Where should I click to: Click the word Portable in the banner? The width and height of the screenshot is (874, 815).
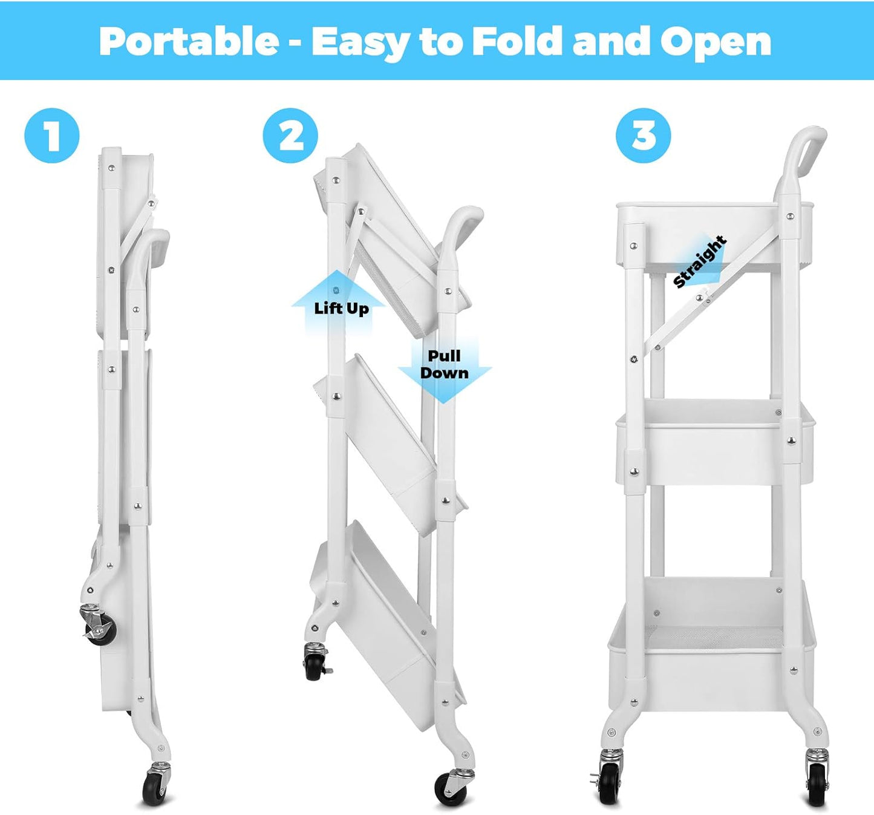point(189,41)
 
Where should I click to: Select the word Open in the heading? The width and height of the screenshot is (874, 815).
point(716,41)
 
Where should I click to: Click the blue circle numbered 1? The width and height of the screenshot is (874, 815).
point(52,136)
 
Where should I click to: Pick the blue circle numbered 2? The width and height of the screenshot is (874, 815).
point(290,136)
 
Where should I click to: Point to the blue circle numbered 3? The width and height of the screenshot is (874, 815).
point(643,136)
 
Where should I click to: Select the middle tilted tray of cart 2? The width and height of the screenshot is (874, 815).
point(387,442)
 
